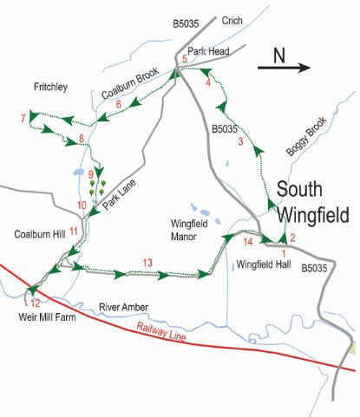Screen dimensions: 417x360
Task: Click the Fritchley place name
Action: [29, 88]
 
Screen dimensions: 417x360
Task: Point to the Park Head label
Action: [209, 51]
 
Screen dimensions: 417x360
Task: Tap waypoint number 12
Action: [35, 303]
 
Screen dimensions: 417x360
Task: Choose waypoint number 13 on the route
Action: [147, 263]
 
